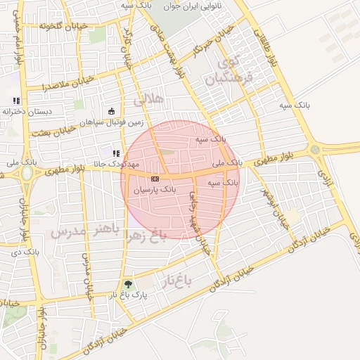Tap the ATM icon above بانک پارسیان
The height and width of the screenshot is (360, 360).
(155, 179)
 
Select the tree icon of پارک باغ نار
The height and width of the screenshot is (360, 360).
(127, 285)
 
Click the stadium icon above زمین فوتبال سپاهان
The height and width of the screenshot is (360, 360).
(110, 111)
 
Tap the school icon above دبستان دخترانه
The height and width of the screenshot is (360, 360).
(15, 101)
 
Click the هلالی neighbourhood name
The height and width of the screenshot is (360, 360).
(148, 99)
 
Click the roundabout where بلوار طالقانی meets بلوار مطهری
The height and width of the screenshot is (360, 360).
(314, 149)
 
